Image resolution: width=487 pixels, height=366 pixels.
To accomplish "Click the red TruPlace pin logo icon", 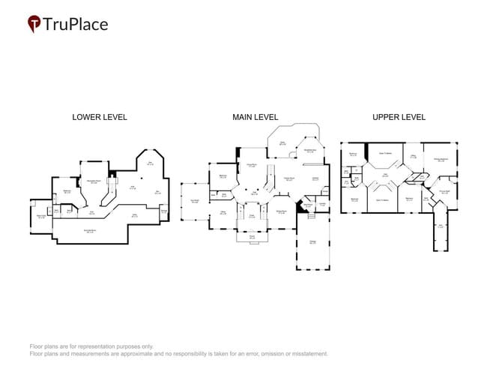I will tap(34, 24).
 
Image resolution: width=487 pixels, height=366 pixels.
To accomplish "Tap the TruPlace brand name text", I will tap(76, 24).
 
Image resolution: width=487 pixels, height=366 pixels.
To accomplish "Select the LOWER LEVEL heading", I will tap(100, 117).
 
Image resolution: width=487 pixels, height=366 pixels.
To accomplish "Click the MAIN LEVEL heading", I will tap(255, 117).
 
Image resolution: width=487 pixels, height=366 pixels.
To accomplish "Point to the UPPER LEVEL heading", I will tap(399, 117).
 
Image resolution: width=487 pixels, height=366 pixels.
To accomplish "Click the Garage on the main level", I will tap(312, 243).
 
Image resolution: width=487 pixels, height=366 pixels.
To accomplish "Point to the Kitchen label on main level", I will tap(315, 178).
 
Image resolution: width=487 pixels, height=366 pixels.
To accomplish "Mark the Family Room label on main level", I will tap(288, 178).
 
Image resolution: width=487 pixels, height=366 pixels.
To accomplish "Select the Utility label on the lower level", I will tap(135, 215).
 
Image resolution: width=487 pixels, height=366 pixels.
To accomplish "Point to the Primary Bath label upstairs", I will tap(444, 191).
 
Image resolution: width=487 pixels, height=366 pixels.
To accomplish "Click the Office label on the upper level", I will tap(413, 157).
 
